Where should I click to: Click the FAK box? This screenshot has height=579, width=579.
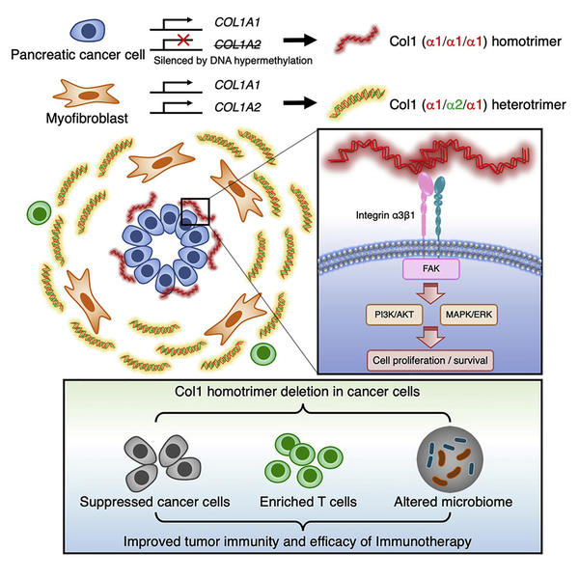click(431, 269)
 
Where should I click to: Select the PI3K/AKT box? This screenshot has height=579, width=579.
click(394, 315)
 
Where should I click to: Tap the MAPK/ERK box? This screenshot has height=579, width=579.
click(469, 315)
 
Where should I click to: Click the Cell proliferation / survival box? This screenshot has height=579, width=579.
click(430, 360)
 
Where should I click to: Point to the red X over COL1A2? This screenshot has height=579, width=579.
click(183, 40)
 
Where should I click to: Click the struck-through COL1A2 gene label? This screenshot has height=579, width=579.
click(237, 44)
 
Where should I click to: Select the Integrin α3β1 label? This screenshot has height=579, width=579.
click(385, 215)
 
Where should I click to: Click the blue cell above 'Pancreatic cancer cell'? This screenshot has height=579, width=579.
click(88, 30)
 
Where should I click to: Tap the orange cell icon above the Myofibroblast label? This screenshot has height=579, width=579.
click(86, 95)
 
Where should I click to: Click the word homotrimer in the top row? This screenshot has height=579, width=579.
click(526, 41)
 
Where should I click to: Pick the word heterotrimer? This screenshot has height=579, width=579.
click(529, 105)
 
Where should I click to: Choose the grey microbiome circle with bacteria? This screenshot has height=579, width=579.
click(450, 459)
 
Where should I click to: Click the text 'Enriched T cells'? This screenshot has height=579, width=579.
click(309, 502)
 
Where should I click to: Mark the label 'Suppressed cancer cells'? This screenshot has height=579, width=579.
click(154, 502)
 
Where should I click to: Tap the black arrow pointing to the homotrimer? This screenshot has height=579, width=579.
click(300, 40)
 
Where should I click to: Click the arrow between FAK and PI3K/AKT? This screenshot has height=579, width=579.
click(430, 293)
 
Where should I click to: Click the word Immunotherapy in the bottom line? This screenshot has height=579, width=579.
click(424, 541)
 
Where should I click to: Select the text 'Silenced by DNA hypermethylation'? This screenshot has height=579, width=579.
click(233, 60)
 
